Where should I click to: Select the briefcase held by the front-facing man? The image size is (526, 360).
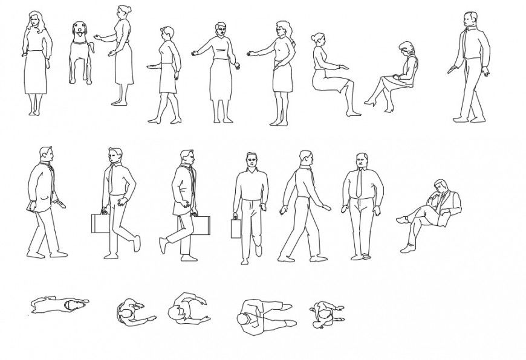[x=235, y=229]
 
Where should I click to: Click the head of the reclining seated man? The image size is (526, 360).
[x=439, y=186]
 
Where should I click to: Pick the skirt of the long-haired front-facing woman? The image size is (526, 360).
[x=36, y=72]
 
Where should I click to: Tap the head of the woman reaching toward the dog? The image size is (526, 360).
[x=124, y=12]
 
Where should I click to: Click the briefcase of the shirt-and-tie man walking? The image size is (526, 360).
[x=99, y=223]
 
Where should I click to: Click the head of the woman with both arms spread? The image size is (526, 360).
[x=220, y=30]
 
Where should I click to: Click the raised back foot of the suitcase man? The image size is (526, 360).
[x=162, y=245]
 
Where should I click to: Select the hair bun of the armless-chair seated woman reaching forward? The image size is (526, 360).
[x=313, y=37]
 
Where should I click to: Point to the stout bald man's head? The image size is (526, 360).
[x=362, y=161]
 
